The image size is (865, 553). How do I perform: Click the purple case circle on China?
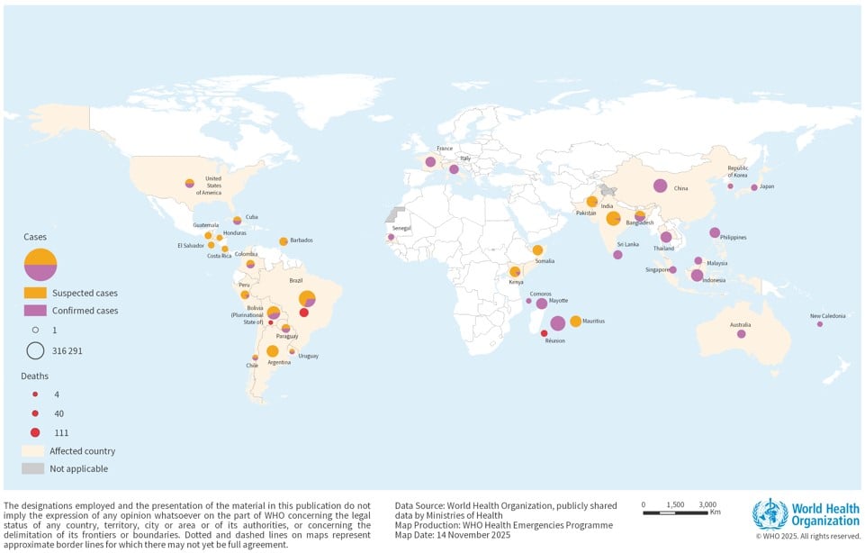click(660, 186)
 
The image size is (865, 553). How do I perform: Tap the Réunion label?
click(554, 340)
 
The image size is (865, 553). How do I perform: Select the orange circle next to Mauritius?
click(575, 322)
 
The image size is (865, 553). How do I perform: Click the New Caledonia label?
click(827, 316)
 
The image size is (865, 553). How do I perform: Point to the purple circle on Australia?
click(741, 334)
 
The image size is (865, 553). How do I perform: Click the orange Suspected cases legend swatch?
click(34, 293)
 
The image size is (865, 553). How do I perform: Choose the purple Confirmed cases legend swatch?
click(34, 311)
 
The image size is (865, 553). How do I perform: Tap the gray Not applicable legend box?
click(33, 468)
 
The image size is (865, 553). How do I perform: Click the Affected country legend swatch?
click(33, 450)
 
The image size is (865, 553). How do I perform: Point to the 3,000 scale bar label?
click(707, 504)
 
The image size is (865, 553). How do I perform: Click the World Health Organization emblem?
click(770, 513)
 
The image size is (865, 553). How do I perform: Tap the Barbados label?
click(302, 240)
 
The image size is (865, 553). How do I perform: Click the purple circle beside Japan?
click(754, 187)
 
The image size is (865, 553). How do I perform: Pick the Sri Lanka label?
click(628, 244)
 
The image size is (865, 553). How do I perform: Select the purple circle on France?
click(430, 162)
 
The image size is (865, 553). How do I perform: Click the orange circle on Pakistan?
click(592, 202)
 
